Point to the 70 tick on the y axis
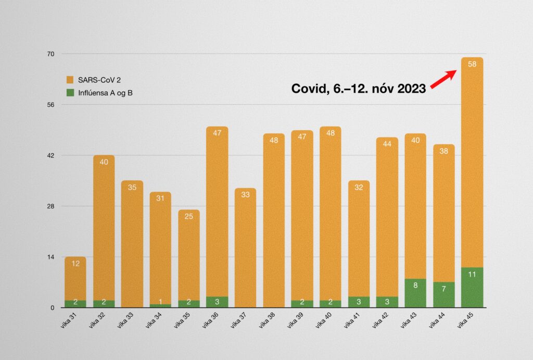click(51, 54)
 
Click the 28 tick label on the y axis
click(51, 206)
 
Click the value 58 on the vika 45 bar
click(472, 64)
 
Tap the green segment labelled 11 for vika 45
click(472, 288)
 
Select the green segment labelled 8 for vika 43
click(415, 293)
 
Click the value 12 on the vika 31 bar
click(75, 264)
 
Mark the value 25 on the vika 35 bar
click(188, 217)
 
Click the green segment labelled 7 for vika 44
click(444, 295)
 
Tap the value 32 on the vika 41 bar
click(359, 188)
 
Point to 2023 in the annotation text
click(410, 89)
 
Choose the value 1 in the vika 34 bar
click(160, 302)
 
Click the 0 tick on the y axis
click(53, 308)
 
